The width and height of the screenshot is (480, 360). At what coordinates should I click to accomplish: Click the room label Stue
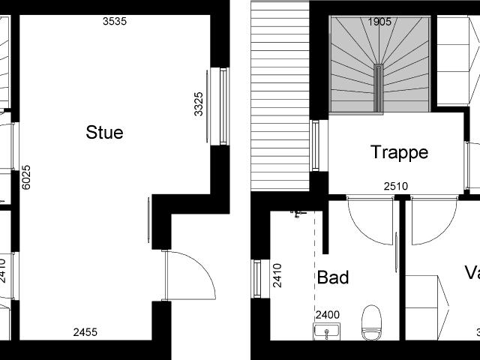[104, 133]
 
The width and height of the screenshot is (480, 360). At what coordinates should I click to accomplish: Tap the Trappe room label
[399, 152]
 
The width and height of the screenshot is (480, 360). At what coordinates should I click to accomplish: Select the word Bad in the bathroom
[333, 277]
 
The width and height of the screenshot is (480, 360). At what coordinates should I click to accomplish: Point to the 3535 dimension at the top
[114, 21]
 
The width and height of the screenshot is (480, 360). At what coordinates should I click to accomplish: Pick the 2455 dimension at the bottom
[85, 332]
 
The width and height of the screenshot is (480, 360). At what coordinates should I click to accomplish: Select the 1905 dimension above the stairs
[379, 22]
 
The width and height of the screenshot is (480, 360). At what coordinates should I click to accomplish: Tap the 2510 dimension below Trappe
[395, 186]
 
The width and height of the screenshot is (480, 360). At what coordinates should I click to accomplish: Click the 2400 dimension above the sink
[327, 315]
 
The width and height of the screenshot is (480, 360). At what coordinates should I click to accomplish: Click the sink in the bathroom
[327, 331]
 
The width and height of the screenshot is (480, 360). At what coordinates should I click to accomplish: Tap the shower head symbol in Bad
[298, 214]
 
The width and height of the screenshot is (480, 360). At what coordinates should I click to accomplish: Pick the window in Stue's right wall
[223, 106]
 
